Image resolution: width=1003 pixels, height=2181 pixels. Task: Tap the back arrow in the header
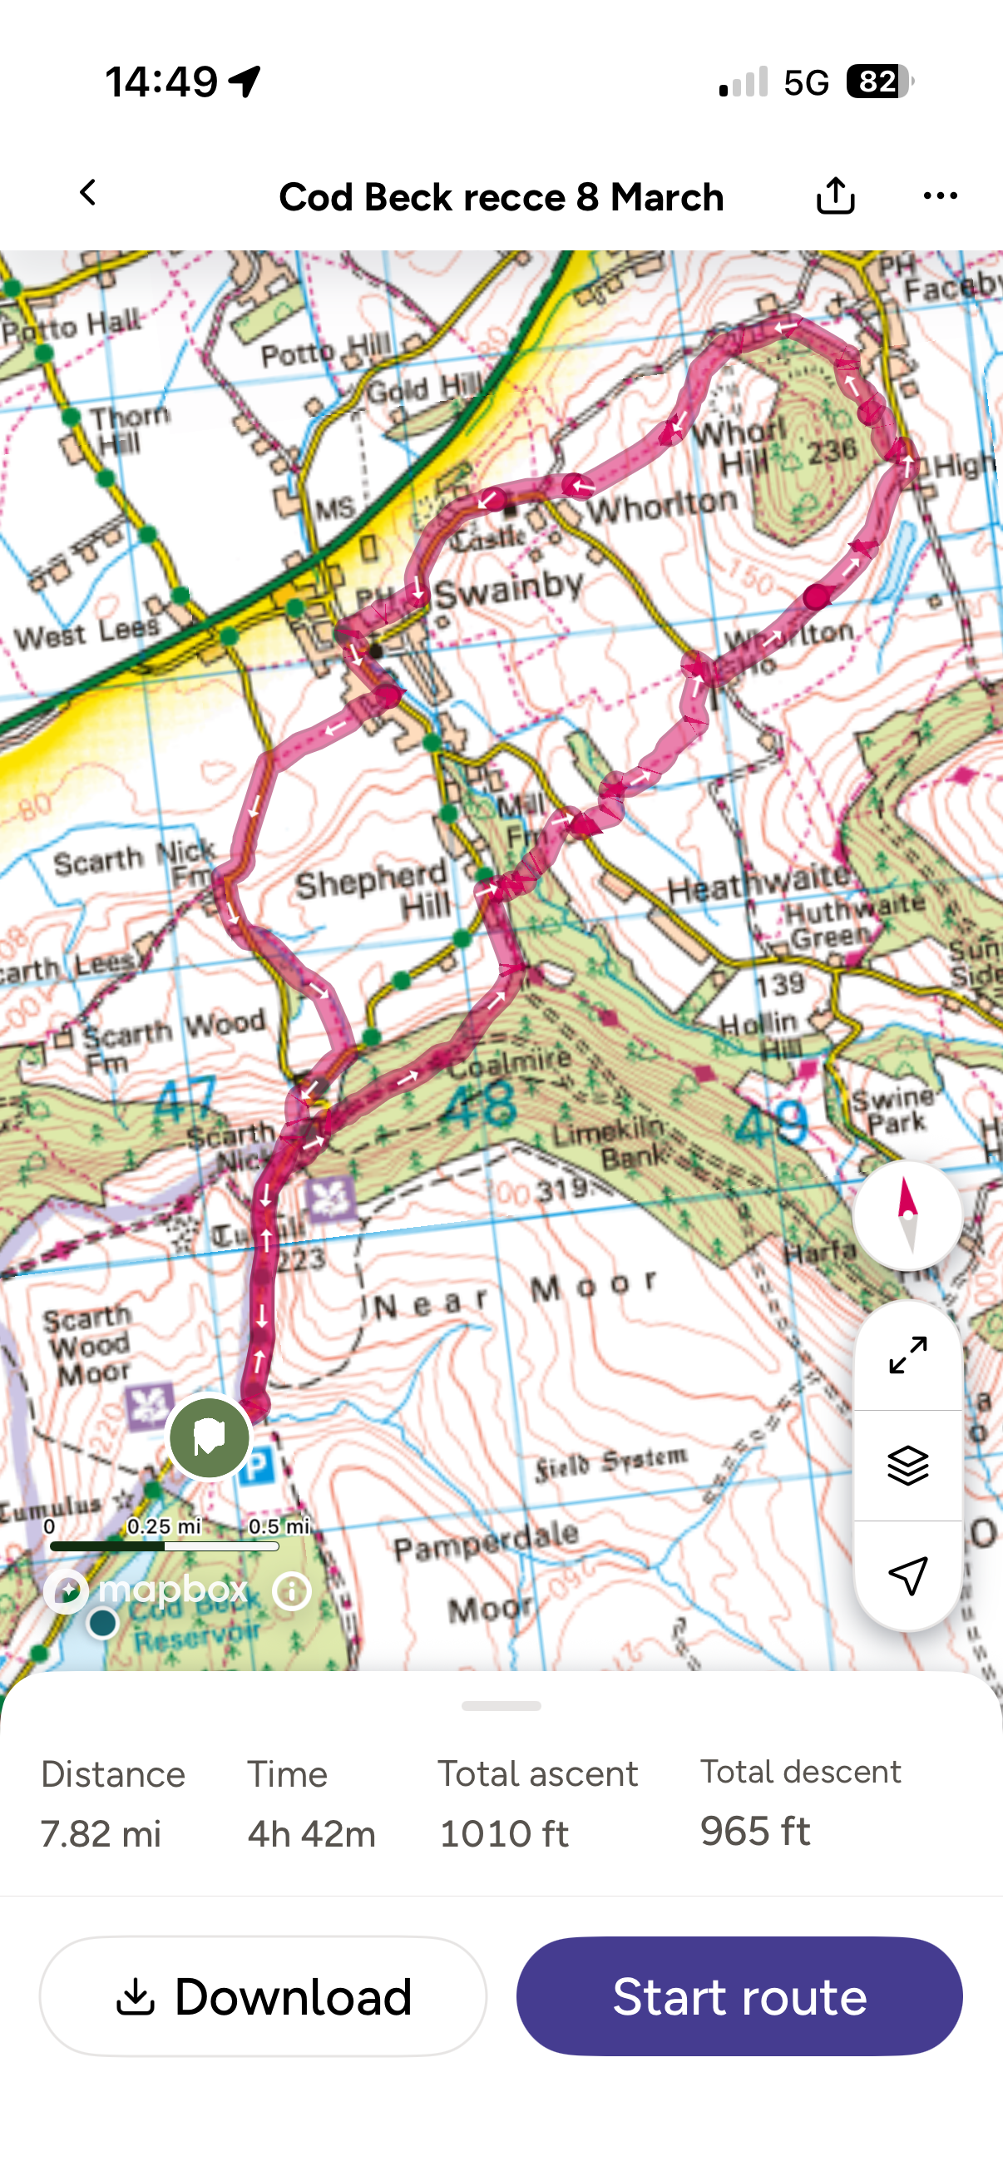point(88,193)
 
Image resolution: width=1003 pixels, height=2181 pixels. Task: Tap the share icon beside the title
point(834,195)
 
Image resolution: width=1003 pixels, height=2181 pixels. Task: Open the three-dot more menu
point(940,195)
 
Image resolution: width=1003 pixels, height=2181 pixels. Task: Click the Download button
point(264,1996)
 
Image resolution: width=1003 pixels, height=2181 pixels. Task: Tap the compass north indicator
point(907,1214)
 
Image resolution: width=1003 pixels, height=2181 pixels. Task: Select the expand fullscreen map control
point(907,1355)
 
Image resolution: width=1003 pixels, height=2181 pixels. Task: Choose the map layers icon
point(907,1465)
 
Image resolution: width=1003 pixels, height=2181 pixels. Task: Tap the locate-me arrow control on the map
point(907,1575)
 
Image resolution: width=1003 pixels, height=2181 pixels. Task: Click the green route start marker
point(209,1437)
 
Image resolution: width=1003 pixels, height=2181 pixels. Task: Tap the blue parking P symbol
point(257,1465)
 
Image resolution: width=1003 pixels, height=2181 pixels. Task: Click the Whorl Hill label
point(741,446)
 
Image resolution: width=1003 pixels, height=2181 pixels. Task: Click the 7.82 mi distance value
point(101,1834)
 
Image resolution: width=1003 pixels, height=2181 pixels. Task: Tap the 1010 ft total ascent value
point(505,1834)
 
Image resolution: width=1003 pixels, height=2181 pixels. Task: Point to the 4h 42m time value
point(312,1834)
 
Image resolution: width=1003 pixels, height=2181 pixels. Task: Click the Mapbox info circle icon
point(292,1591)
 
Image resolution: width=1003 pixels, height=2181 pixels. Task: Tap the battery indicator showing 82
point(877,82)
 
